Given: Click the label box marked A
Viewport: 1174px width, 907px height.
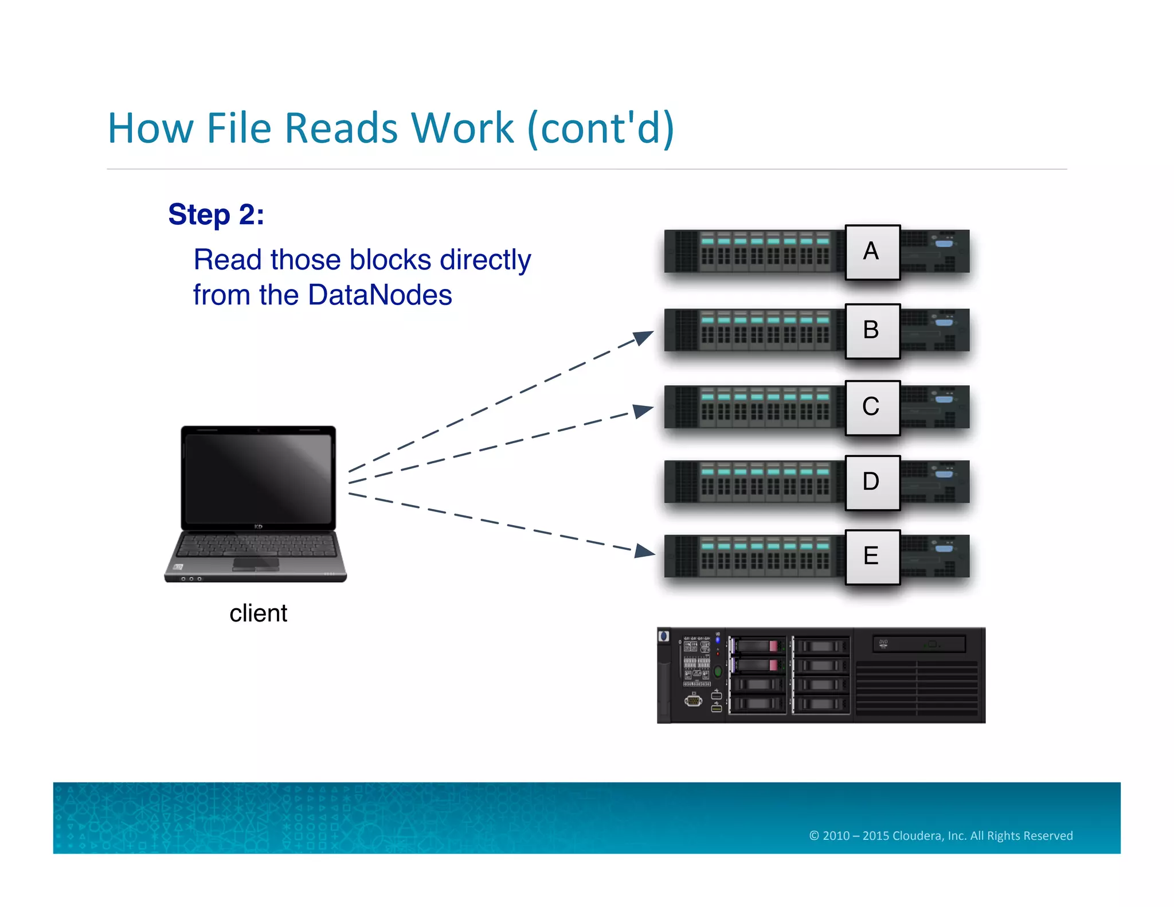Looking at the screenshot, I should tap(872, 252).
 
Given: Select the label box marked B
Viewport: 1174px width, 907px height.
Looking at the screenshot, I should tap(872, 330).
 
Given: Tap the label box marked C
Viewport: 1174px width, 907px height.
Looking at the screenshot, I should tap(872, 407).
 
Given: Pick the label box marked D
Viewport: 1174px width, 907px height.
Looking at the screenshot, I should tap(872, 482).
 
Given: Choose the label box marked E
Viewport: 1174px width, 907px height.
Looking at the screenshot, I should tap(872, 556).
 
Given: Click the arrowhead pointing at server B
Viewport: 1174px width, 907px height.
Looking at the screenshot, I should tap(644, 337).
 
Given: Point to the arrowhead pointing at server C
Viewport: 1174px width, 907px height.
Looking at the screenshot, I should tap(644, 411).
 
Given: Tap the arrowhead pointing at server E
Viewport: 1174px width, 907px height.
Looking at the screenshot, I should tap(645, 552).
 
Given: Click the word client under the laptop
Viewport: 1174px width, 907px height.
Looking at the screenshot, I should tap(258, 613).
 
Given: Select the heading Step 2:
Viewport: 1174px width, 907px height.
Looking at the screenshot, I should tap(216, 215).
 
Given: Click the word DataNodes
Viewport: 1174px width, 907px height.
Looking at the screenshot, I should tap(379, 295).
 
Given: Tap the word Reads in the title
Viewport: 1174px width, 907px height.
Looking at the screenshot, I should tap(341, 128).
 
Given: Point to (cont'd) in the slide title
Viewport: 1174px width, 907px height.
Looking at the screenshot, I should tap(600, 129).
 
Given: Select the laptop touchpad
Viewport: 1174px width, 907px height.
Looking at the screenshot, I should tap(256, 564).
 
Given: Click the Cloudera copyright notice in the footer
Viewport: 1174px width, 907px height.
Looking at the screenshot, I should tap(941, 835).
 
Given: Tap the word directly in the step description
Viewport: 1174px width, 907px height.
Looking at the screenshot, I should tap(485, 260).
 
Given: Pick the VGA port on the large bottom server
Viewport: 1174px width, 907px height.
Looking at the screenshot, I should tap(693, 700).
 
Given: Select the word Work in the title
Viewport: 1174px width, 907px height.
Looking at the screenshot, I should tap(462, 128).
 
